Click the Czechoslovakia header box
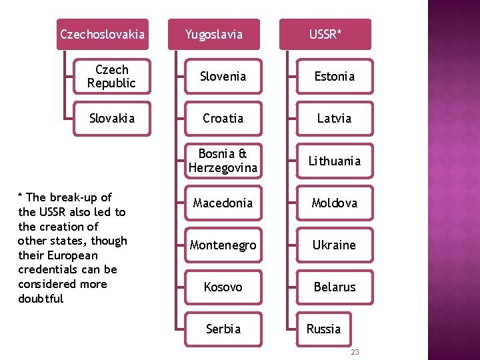coord(102,34)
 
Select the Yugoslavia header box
coord(213,34)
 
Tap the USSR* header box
coord(325,34)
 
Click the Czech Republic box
coord(111,76)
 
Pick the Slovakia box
coord(111,118)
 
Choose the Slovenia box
coord(223,76)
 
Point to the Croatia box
coord(223,118)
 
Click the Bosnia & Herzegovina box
coord(223,161)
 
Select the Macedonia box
coord(223,203)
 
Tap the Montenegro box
coord(223,245)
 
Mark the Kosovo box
coord(223,287)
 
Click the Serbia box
coord(223,329)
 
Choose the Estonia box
coord(334,76)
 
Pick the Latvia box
coord(334,118)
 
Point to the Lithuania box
coord(334,161)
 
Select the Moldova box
coord(334,203)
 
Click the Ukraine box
coord(334,245)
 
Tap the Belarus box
coord(334,287)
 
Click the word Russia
coord(323,329)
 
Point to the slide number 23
coord(355,351)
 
